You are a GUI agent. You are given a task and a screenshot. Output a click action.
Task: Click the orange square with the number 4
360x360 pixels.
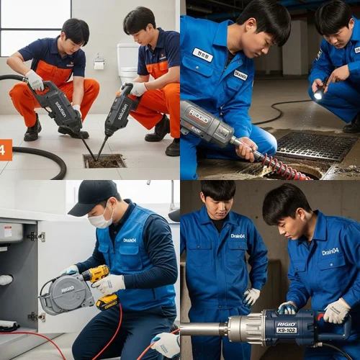tap(5, 149)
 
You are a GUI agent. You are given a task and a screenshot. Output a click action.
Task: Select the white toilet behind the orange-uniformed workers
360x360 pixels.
tap(128, 63)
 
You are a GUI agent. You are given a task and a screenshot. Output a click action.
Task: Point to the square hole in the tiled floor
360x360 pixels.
tap(104, 161)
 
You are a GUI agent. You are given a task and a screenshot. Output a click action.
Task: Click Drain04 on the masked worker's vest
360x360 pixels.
tap(130, 239)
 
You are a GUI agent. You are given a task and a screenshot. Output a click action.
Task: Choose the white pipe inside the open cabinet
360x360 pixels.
tap(6, 279)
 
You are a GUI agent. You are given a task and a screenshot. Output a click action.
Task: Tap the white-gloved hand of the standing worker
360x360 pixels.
tap(251, 295)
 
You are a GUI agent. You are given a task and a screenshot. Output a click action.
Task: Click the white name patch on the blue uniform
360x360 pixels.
tap(202, 55)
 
